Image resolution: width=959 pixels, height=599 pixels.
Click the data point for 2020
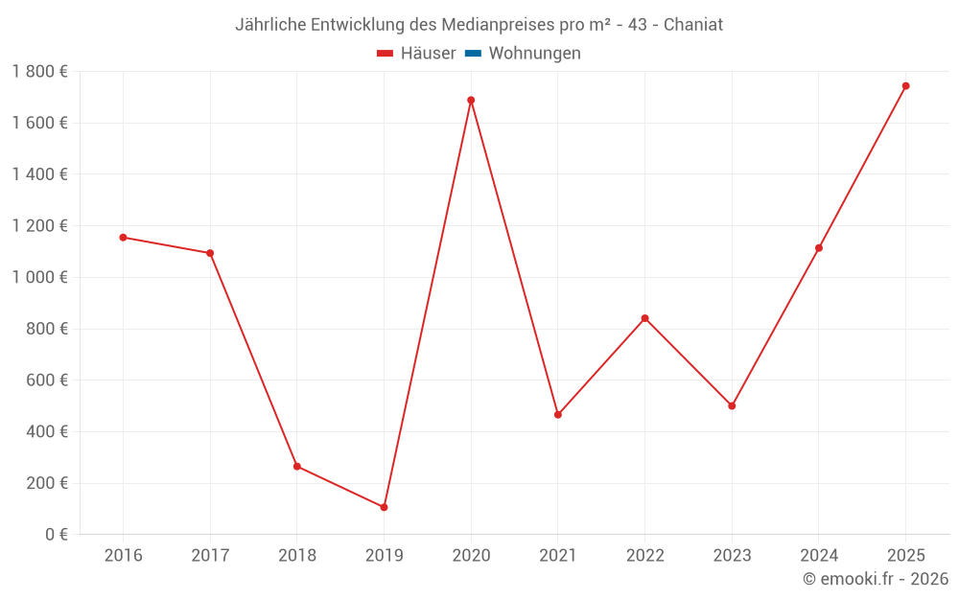click(x=471, y=100)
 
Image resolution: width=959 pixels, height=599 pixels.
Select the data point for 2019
click(x=384, y=507)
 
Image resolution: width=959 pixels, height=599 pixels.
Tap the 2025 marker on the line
click(x=905, y=86)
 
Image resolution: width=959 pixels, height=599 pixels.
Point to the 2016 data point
click(x=123, y=238)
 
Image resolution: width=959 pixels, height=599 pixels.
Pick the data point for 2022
click(x=644, y=318)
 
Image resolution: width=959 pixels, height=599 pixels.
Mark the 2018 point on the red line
click(x=297, y=467)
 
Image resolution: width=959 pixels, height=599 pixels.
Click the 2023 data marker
click(x=732, y=406)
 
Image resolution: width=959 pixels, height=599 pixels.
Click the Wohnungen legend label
click(x=534, y=54)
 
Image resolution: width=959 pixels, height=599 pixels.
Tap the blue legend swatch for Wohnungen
click(x=473, y=54)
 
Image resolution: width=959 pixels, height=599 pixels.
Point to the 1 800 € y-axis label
click(x=39, y=71)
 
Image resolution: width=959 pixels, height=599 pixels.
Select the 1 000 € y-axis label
click(x=39, y=277)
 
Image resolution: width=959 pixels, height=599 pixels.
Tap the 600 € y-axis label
click(x=45, y=380)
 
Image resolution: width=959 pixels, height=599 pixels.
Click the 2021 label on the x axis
click(x=557, y=556)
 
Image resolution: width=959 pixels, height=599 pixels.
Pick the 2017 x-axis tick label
click(x=210, y=556)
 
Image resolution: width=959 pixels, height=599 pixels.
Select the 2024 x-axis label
click(x=818, y=556)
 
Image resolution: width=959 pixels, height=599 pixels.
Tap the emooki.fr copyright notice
click(x=876, y=579)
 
